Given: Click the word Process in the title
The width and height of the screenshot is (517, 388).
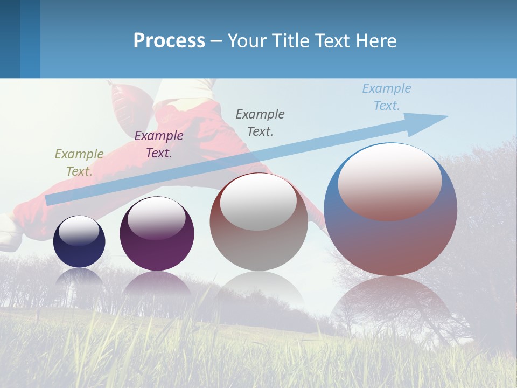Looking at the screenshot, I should (169, 41).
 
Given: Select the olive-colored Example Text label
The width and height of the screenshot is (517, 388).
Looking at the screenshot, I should (79, 162).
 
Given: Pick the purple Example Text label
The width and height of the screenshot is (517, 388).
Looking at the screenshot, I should (159, 144).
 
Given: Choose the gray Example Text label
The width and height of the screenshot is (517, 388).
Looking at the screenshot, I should (260, 122).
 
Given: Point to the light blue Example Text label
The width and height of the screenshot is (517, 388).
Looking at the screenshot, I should (387, 96).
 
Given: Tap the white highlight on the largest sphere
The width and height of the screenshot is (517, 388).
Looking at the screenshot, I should (390, 181).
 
